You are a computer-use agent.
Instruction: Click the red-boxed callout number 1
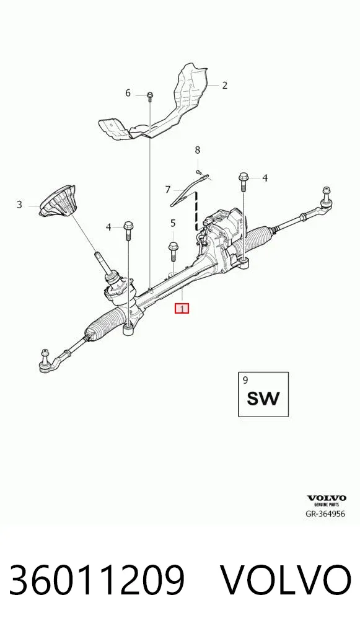(x=182, y=309)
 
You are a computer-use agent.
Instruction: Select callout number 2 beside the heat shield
(x=224, y=85)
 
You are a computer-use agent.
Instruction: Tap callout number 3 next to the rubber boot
(x=19, y=205)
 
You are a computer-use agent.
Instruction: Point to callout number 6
(x=128, y=93)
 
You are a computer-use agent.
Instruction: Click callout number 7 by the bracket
(x=168, y=189)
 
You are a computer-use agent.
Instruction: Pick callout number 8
(x=197, y=150)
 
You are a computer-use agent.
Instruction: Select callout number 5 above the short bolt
(x=173, y=223)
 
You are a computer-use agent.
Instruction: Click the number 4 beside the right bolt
(x=265, y=177)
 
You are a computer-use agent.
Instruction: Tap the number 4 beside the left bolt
(x=108, y=227)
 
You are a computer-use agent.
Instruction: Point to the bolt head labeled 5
(x=173, y=246)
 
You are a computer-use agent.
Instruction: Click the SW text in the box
(x=263, y=399)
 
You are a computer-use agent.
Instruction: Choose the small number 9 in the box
(x=246, y=379)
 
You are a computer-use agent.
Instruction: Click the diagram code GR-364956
(x=325, y=514)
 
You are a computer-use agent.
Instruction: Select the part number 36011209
(x=97, y=580)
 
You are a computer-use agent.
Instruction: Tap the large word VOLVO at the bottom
(x=286, y=580)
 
